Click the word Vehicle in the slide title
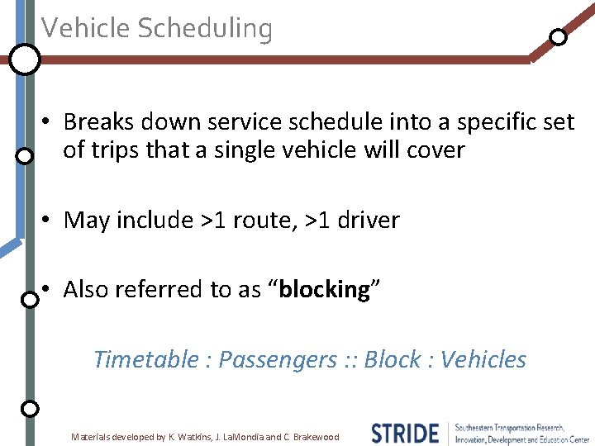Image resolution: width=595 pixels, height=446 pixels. click(x=87, y=28)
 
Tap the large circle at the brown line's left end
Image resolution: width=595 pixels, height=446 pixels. click(x=25, y=59)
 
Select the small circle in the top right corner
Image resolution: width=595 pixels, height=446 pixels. click(x=559, y=37)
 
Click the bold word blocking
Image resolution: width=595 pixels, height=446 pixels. click(x=324, y=289)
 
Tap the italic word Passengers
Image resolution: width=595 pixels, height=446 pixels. click(x=277, y=359)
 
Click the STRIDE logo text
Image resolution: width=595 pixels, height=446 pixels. click(x=404, y=433)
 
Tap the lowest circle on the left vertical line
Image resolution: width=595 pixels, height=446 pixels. click(x=29, y=408)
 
